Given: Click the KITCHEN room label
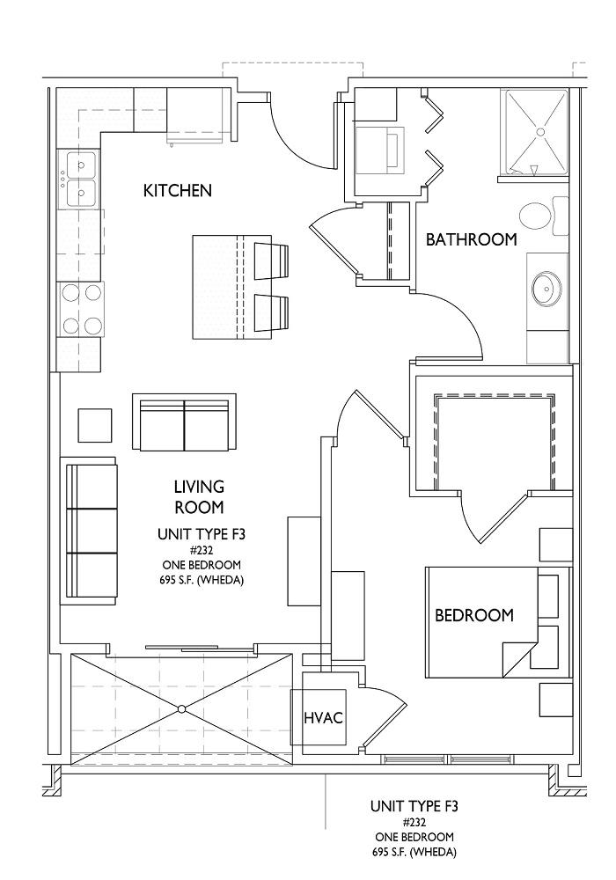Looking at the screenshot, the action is [x=178, y=191].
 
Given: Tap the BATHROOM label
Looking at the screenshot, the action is [x=472, y=239].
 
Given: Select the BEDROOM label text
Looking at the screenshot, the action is [x=474, y=615].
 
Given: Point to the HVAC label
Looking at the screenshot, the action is [x=323, y=717].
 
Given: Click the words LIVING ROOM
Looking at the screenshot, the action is [x=199, y=496].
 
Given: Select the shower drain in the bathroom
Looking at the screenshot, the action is [x=541, y=131].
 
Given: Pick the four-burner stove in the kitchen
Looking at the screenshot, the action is [x=79, y=309].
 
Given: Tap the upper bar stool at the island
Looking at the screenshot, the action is [x=272, y=261].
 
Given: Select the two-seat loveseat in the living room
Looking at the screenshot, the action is [x=184, y=422].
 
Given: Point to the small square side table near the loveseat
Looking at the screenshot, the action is [x=94, y=425].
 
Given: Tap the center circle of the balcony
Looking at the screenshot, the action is [x=181, y=708].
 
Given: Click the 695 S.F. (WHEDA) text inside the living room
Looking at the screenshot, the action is [x=202, y=580].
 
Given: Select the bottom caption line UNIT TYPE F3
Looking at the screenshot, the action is [x=414, y=806].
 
